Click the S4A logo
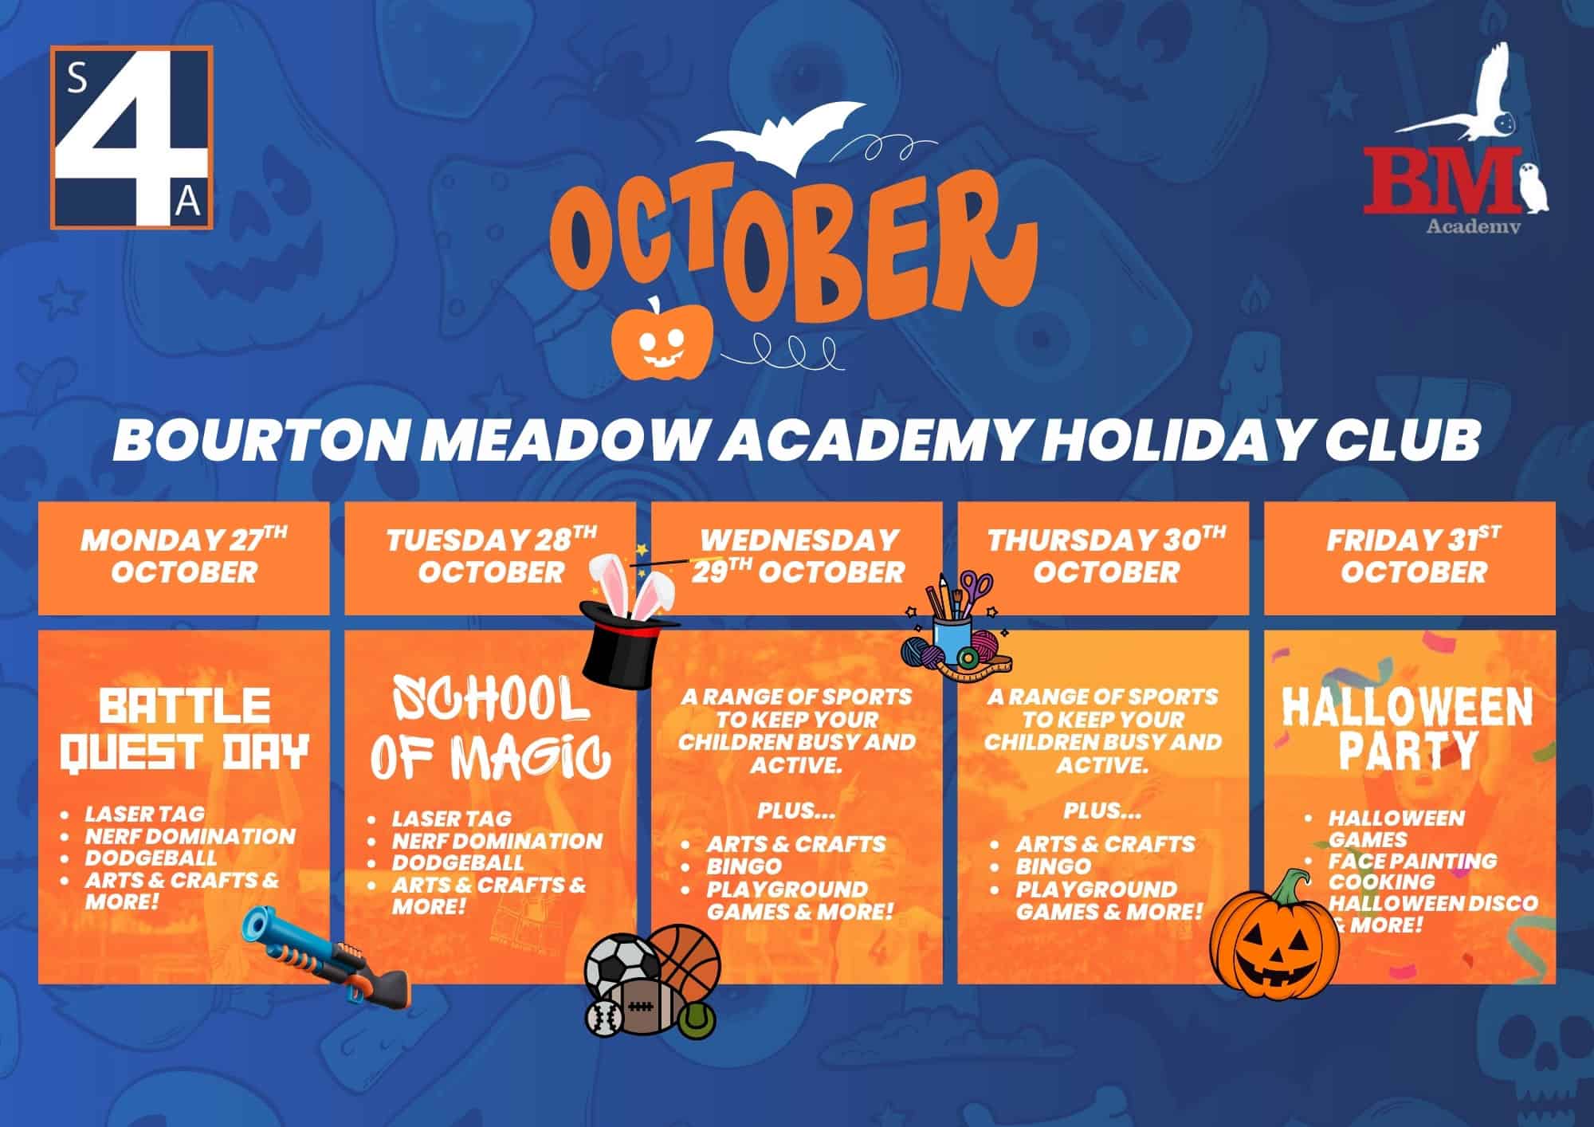[x=132, y=137]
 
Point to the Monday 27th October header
[x=184, y=556]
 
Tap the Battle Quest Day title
[x=185, y=729]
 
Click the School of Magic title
[x=490, y=728]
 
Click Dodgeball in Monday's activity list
[x=151, y=858]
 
